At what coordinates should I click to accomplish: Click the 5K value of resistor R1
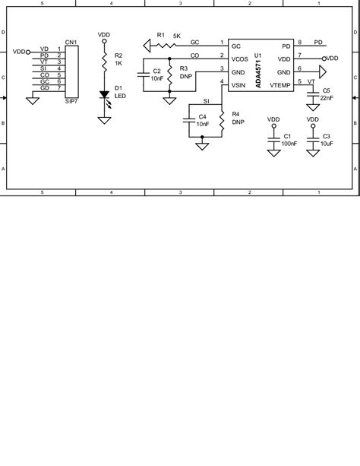point(176,35)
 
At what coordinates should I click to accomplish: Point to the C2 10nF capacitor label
point(156,74)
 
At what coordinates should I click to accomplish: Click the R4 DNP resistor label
point(237,118)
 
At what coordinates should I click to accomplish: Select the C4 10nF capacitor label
point(202,120)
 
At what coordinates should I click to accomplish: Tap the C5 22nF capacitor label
point(327,94)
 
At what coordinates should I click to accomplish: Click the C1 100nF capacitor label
point(289,139)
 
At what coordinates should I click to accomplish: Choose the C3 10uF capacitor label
point(327,139)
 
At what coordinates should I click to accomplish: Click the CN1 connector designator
point(71,43)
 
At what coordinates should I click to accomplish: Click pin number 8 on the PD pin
point(300,43)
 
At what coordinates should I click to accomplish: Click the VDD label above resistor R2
point(104,34)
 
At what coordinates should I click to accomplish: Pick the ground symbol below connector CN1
point(32,100)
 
